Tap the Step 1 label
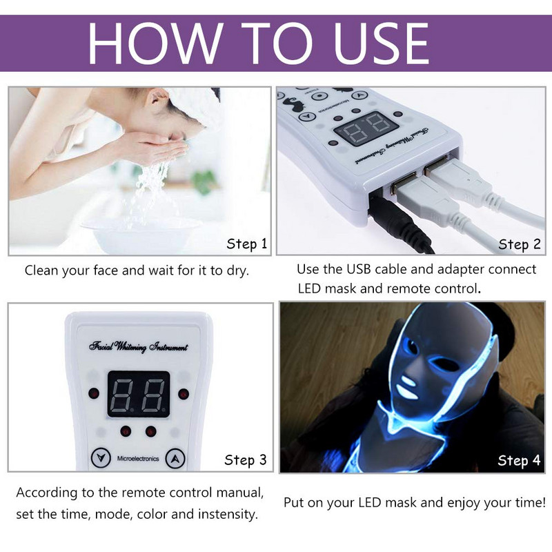246,244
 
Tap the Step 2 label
519,244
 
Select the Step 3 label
245,460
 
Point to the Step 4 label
519,460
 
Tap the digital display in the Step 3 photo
138,394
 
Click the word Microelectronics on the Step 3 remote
137,458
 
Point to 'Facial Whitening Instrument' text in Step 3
138,347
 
